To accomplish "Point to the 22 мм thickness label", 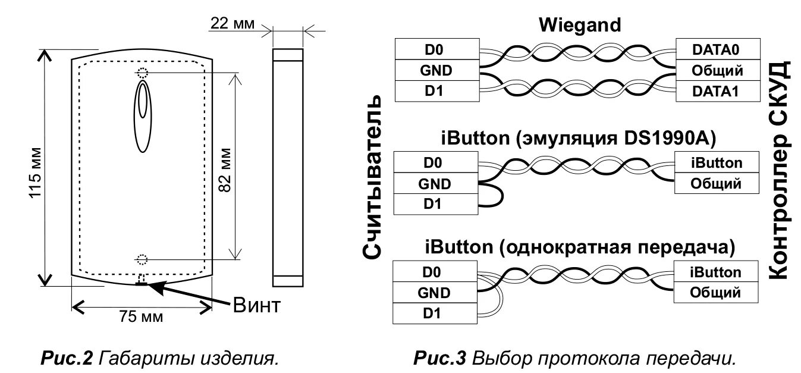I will [x=232, y=24].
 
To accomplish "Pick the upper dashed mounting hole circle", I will [x=142, y=73].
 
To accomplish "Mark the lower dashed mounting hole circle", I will [x=142, y=259].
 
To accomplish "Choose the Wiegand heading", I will [x=579, y=25].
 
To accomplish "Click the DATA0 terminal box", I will [x=718, y=48].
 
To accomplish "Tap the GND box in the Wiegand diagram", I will [x=435, y=70].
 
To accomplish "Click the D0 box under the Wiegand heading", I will [x=435, y=48].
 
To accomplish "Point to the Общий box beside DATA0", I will [x=718, y=70].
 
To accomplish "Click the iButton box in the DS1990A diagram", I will [x=717, y=162].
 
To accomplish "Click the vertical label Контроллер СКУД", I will [x=780, y=170].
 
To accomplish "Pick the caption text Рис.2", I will [x=66, y=359].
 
